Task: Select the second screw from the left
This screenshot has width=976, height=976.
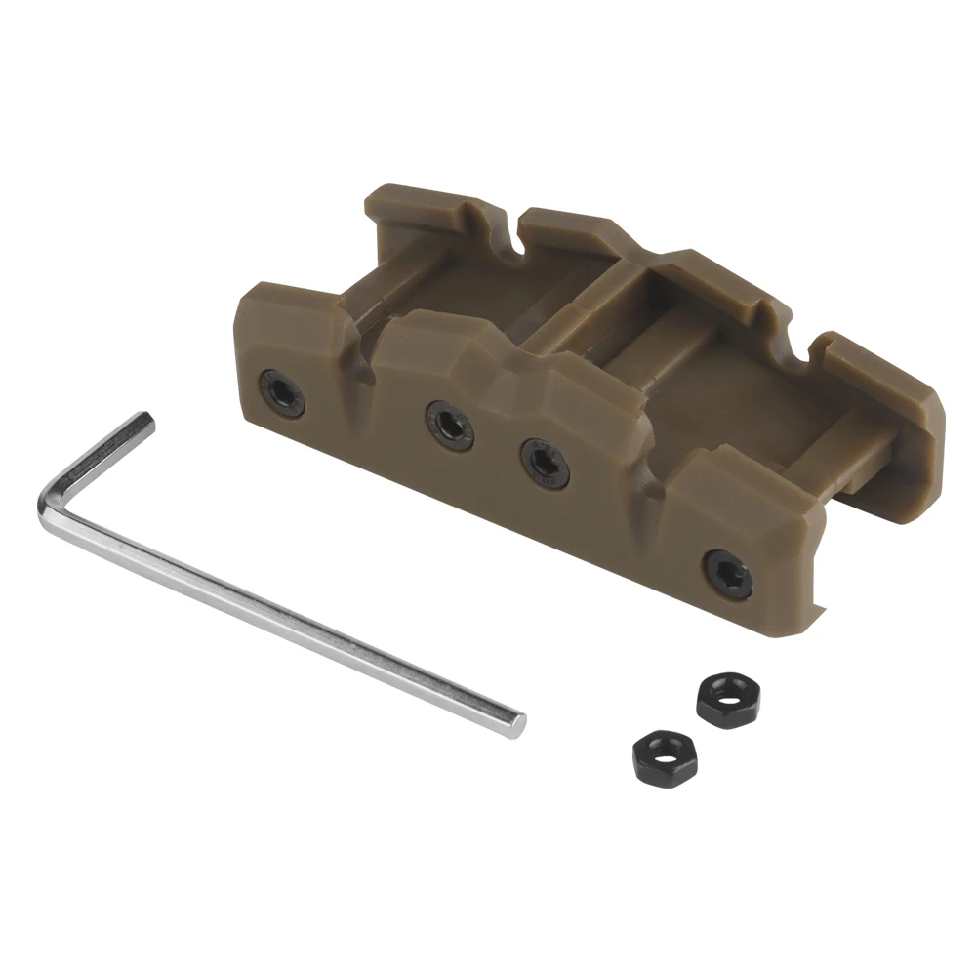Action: point(449,427)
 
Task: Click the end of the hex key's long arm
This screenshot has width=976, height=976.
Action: point(514,722)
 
